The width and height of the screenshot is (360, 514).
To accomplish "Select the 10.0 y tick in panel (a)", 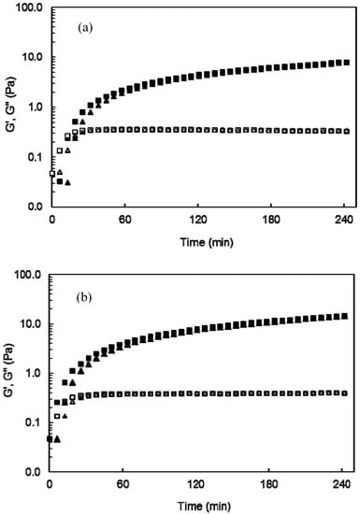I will (x=35, y=57).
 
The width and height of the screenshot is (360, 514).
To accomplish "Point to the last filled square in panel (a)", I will (x=347, y=63).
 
